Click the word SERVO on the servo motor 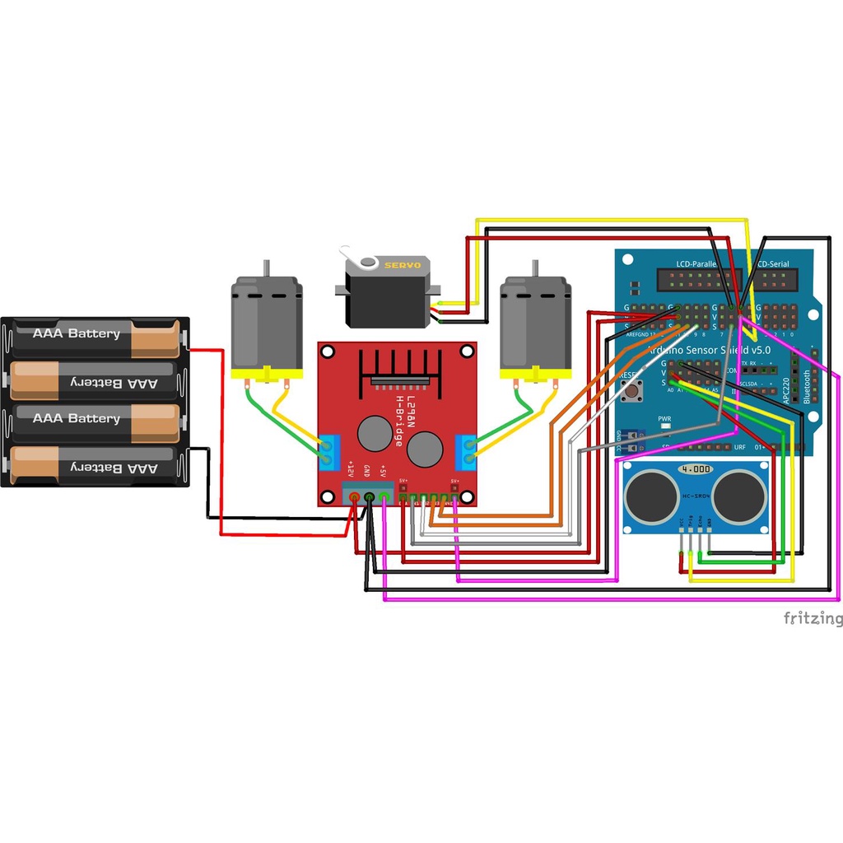coord(403,265)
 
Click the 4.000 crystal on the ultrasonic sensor coord(695,468)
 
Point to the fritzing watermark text coord(812,618)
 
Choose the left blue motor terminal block coord(331,451)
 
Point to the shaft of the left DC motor coord(266,268)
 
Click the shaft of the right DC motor coord(535,268)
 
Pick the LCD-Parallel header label coord(696,264)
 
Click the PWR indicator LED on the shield coord(664,427)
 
